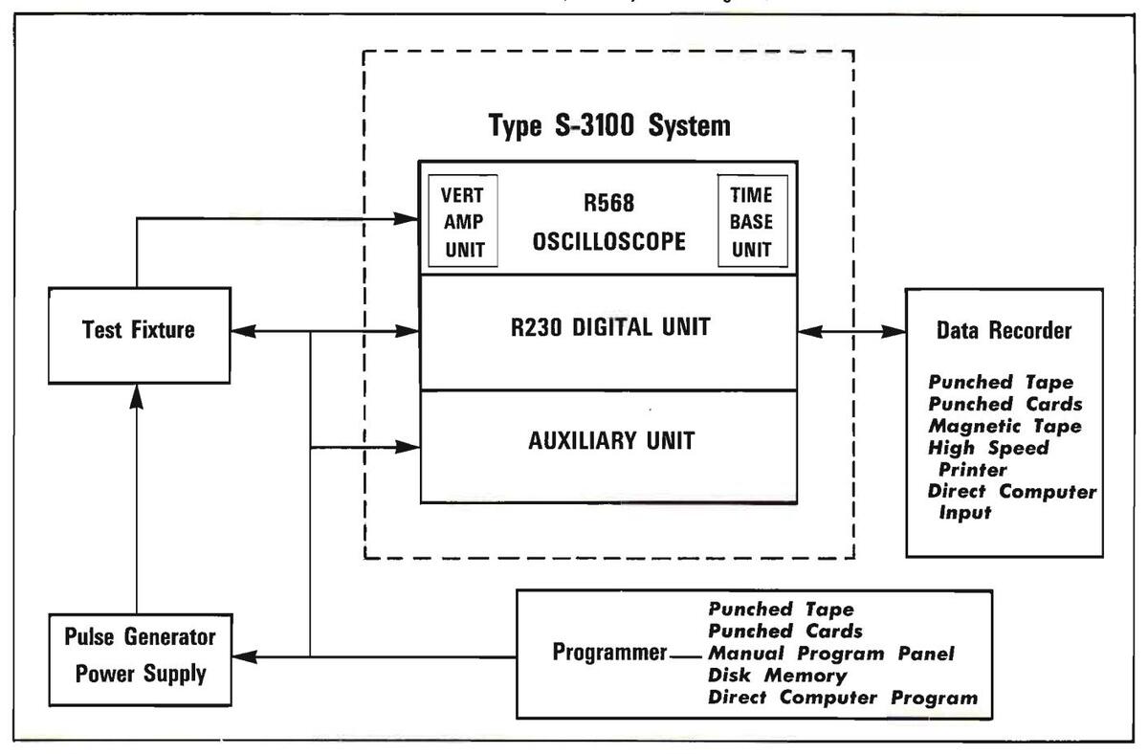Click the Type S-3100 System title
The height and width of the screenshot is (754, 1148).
609,125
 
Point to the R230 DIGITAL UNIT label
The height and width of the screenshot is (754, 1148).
609,328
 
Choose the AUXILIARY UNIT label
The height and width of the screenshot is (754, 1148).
609,442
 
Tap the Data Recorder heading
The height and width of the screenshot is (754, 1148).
1004,331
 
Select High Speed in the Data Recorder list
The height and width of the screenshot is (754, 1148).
987,447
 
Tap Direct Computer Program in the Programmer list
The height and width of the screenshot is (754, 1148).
843,698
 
